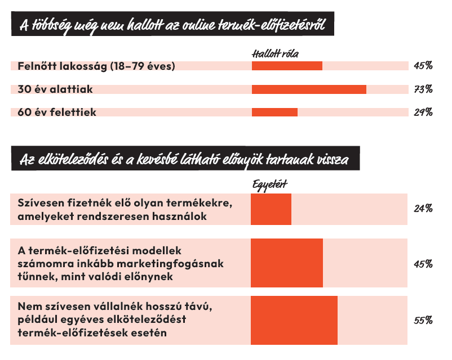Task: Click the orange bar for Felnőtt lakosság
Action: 287,66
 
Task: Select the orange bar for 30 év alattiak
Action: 309,89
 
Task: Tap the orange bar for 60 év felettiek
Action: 274,112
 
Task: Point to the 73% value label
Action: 423,89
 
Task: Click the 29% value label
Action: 423,112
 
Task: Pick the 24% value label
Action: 423,209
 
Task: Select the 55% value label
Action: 423,321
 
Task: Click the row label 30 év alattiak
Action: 55,89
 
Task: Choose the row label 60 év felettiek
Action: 57,112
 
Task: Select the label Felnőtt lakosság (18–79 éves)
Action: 96,66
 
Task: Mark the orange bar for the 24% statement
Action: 271,209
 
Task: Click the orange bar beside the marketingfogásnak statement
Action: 287,264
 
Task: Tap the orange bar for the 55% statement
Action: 294,321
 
